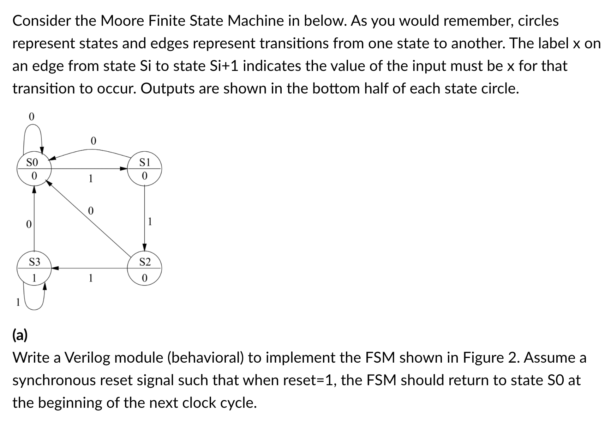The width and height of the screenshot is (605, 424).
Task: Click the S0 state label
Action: pyautogui.click(x=32, y=163)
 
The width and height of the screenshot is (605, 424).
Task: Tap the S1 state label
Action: pyautogui.click(x=145, y=163)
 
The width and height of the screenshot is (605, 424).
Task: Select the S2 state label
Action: pyautogui.click(x=145, y=262)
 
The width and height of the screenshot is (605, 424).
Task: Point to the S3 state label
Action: pyautogui.click(x=34, y=262)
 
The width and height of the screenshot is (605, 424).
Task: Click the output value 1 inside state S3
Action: pyautogui.click(x=34, y=278)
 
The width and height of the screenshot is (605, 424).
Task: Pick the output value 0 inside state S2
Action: pyautogui.click(x=144, y=278)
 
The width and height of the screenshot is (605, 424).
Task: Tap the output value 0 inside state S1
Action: pyautogui.click(x=144, y=176)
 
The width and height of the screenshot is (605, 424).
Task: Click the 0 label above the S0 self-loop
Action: pyautogui.click(x=31, y=117)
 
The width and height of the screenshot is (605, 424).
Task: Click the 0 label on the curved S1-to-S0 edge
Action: pyautogui.click(x=93, y=141)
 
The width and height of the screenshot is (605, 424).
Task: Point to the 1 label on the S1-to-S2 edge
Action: pyautogui.click(x=150, y=222)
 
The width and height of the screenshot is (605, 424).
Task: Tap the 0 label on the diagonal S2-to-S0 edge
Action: pyautogui.click(x=90, y=211)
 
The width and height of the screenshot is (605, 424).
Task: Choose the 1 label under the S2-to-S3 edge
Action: pyautogui.click(x=91, y=278)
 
